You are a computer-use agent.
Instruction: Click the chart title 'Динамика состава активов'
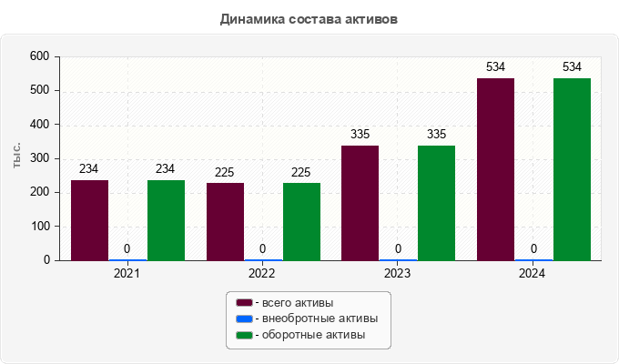(309, 18)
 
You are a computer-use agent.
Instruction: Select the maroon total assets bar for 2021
(89, 220)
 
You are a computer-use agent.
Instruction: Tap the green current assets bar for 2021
(166, 220)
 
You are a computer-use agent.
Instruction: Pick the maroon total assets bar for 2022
(225, 222)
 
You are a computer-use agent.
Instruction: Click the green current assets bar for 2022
(301, 222)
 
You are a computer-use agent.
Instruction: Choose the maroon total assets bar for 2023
(360, 203)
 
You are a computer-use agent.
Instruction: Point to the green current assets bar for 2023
(436, 203)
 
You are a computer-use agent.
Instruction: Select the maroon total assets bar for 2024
(495, 169)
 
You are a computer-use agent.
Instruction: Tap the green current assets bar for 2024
(572, 169)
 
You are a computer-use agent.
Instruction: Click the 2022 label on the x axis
(262, 273)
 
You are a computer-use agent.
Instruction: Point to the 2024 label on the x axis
(533, 273)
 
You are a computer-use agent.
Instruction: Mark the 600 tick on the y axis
(38, 56)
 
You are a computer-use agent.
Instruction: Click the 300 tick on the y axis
(38, 158)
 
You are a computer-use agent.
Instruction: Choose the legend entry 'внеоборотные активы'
(319, 318)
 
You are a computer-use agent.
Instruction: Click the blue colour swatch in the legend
(244, 318)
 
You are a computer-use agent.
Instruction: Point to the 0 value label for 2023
(398, 248)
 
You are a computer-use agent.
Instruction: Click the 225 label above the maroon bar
(225, 172)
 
